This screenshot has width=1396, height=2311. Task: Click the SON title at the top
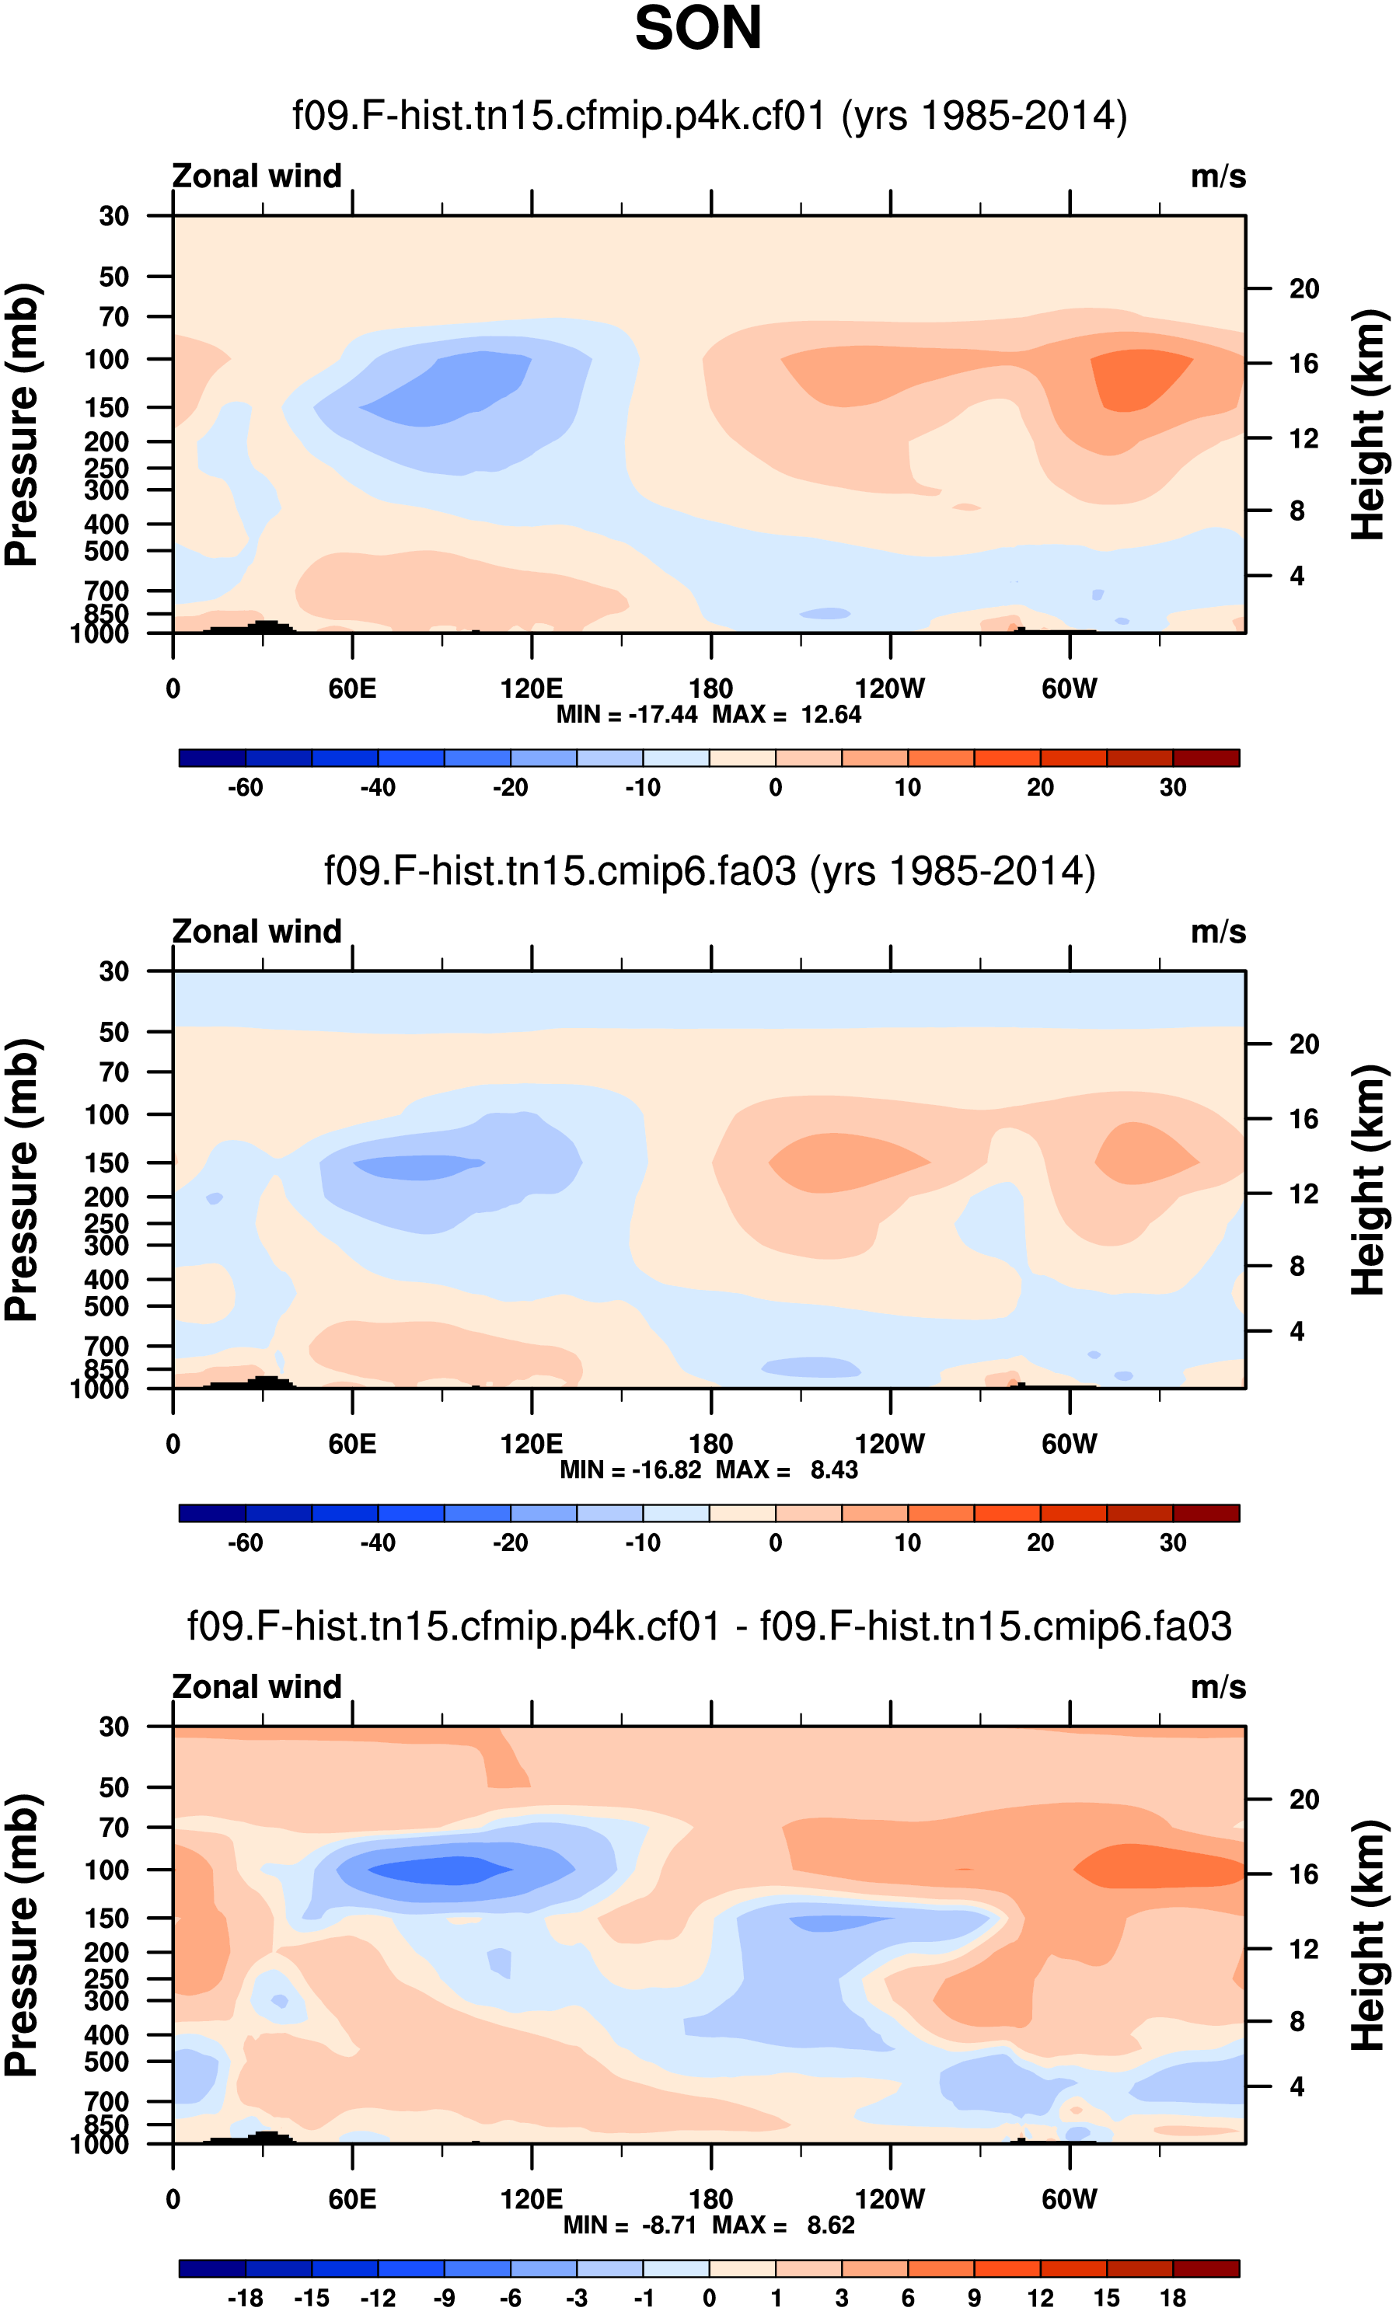(698, 28)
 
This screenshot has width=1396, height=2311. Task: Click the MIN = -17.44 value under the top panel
(626, 715)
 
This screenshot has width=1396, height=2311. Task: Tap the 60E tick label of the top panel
(352, 689)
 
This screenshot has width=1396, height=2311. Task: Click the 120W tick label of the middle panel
(889, 1445)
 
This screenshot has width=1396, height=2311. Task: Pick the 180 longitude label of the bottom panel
(710, 2199)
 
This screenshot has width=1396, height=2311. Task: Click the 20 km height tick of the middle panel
(1304, 1044)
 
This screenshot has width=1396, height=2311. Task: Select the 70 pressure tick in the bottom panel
(113, 1827)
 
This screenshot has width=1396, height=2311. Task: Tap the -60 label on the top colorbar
(245, 788)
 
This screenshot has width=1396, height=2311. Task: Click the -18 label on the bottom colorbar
(245, 2298)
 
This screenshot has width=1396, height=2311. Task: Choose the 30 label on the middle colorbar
(1173, 1542)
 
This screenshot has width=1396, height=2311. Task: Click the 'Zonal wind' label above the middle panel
(257, 932)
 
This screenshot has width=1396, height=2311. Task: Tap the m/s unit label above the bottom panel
(1218, 1687)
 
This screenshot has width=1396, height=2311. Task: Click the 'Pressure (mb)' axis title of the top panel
(23, 424)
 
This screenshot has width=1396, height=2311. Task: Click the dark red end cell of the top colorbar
(1206, 758)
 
